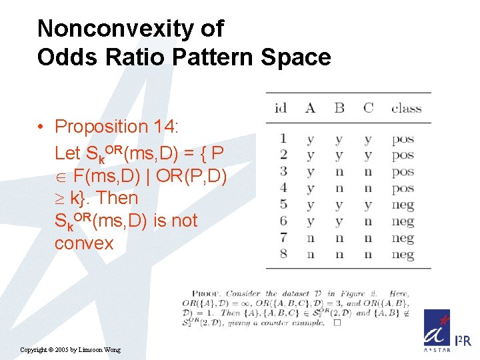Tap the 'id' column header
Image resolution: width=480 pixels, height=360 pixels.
coord(281,108)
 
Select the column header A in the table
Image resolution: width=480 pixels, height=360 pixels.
coord(310,108)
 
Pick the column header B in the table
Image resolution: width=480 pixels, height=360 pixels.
coord(339,108)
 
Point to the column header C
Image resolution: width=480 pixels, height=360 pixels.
coord(368,108)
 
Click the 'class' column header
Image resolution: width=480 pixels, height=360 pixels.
coord(406,108)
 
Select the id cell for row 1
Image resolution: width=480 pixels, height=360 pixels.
coord(283,139)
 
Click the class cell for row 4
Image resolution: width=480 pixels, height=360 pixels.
coord(403,189)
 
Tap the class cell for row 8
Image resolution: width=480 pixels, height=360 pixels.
coord(403,254)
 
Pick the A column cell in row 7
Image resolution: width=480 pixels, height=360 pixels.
coord(310,238)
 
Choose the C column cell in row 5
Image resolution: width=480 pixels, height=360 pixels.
coord(368,205)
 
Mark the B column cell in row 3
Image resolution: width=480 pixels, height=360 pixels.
coord(339,172)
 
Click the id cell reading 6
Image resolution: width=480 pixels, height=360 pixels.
coord(283,221)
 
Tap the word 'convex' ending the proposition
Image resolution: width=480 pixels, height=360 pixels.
coord(84,243)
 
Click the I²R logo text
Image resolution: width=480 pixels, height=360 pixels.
coord(463,340)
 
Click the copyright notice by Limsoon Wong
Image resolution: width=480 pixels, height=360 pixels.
coord(71,350)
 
